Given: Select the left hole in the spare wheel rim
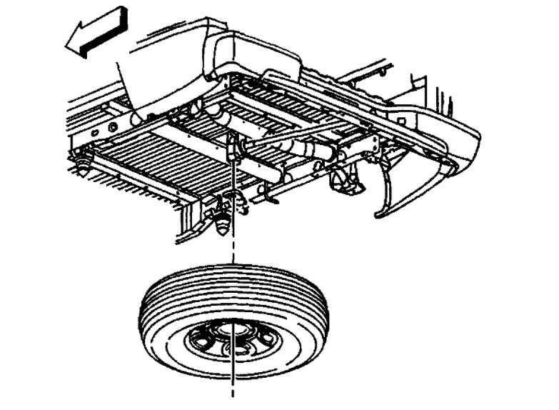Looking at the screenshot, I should tap(201, 334).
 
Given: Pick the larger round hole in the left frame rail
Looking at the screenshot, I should tap(111, 127).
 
